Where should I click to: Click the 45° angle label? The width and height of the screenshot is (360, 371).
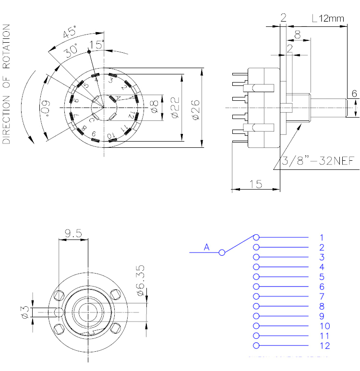click(x=70, y=34)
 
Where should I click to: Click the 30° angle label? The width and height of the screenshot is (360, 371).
click(x=72, y=51)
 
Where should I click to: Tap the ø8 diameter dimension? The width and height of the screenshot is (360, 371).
click(x=154, y=106)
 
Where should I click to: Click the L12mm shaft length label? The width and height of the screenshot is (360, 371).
click(x=328, y=19)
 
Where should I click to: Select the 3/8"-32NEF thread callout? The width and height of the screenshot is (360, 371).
click(x=319, y=161)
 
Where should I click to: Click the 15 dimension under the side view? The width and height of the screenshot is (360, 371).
click(x=255, y=183)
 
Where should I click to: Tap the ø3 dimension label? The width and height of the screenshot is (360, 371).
click(x=25, y=312)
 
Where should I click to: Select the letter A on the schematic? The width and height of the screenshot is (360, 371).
click(x=207, y=247)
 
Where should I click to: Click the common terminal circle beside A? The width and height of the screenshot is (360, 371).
click(x=222, y=252)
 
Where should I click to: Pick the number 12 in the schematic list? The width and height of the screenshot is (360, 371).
click(x=324, y=346)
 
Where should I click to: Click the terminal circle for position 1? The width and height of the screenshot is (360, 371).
click(x=256, y=237)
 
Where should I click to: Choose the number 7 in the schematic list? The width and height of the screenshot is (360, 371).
click(x=322, y=296)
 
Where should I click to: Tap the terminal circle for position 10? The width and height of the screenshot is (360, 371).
click(x=256, y=326)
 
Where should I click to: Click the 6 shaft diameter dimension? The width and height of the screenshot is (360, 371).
click(x=354, y=94)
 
